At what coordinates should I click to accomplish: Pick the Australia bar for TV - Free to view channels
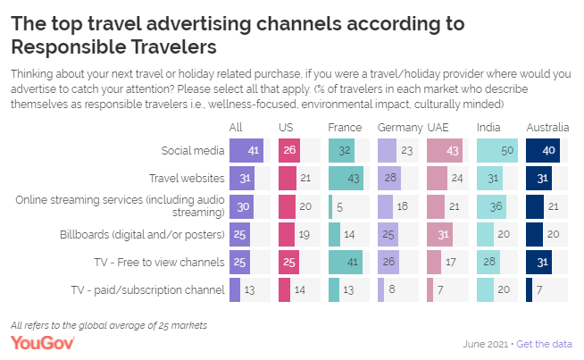(539, 262)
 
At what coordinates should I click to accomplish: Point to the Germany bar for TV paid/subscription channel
(381, 289)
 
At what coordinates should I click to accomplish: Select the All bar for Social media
(244, 151)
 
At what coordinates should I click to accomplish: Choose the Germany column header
(394, 128)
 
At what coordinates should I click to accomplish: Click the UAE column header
(439, 128)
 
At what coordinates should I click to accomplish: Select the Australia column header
(546, 128)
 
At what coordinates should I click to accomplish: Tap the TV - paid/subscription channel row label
(147, 289)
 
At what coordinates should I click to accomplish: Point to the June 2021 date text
(487, 344)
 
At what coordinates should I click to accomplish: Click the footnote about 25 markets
(108, 324)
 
